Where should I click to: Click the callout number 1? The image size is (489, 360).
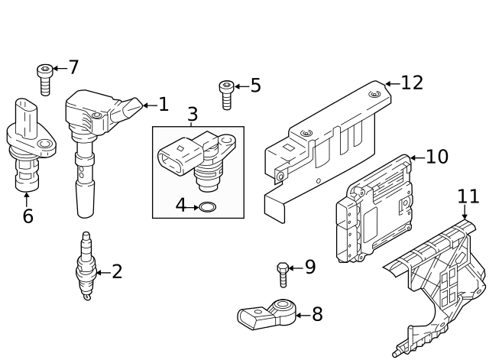(x=162, y=104)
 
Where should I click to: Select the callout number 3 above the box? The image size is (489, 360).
(x=193, y=115)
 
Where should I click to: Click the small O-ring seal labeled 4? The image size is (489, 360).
(x=206, y=206)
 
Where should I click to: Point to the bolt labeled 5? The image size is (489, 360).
(x=226, y=96)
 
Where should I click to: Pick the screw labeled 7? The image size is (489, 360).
(x=44, y=79)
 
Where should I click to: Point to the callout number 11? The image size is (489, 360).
(x=468, y=196)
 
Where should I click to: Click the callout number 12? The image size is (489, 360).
(x=412, y=83)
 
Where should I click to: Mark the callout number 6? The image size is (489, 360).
(x=28, y=216)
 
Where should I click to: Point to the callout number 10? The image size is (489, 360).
(x=437, y=157)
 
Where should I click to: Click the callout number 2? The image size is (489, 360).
(x=116, y=271)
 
